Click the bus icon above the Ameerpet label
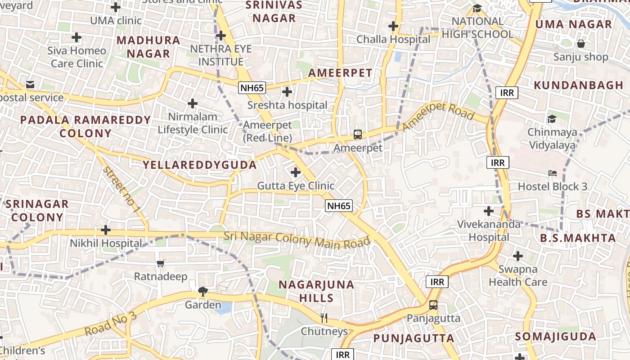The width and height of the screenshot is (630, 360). [x=357, y=134]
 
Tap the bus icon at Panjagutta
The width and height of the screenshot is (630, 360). [x=433, y=305]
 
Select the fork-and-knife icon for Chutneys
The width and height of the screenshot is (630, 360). [x=324, y=318]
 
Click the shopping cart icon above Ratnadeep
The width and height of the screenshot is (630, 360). [x=161, y=263]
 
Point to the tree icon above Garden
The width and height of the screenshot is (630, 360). [x=203, y=292]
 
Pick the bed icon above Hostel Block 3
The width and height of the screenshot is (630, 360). [x=553, y=173]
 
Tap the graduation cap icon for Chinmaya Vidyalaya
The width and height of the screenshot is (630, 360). [x=552, y=119]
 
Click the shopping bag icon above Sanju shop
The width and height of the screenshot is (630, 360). [x=581, y=44]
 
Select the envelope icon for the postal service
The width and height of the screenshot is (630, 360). [x=30, y=84]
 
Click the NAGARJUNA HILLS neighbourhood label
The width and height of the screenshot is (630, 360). [x=316, y=291]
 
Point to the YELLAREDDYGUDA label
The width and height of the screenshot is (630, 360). [x=200, y=165]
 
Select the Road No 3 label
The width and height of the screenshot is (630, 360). [x=110, y=323]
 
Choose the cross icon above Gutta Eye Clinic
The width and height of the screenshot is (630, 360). [x=296, y=172]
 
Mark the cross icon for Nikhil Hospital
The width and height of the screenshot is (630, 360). [x=106, y=230]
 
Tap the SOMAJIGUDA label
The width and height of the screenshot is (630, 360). [x=555, y=337]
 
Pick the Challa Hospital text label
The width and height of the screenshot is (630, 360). [x=393, y=40]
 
